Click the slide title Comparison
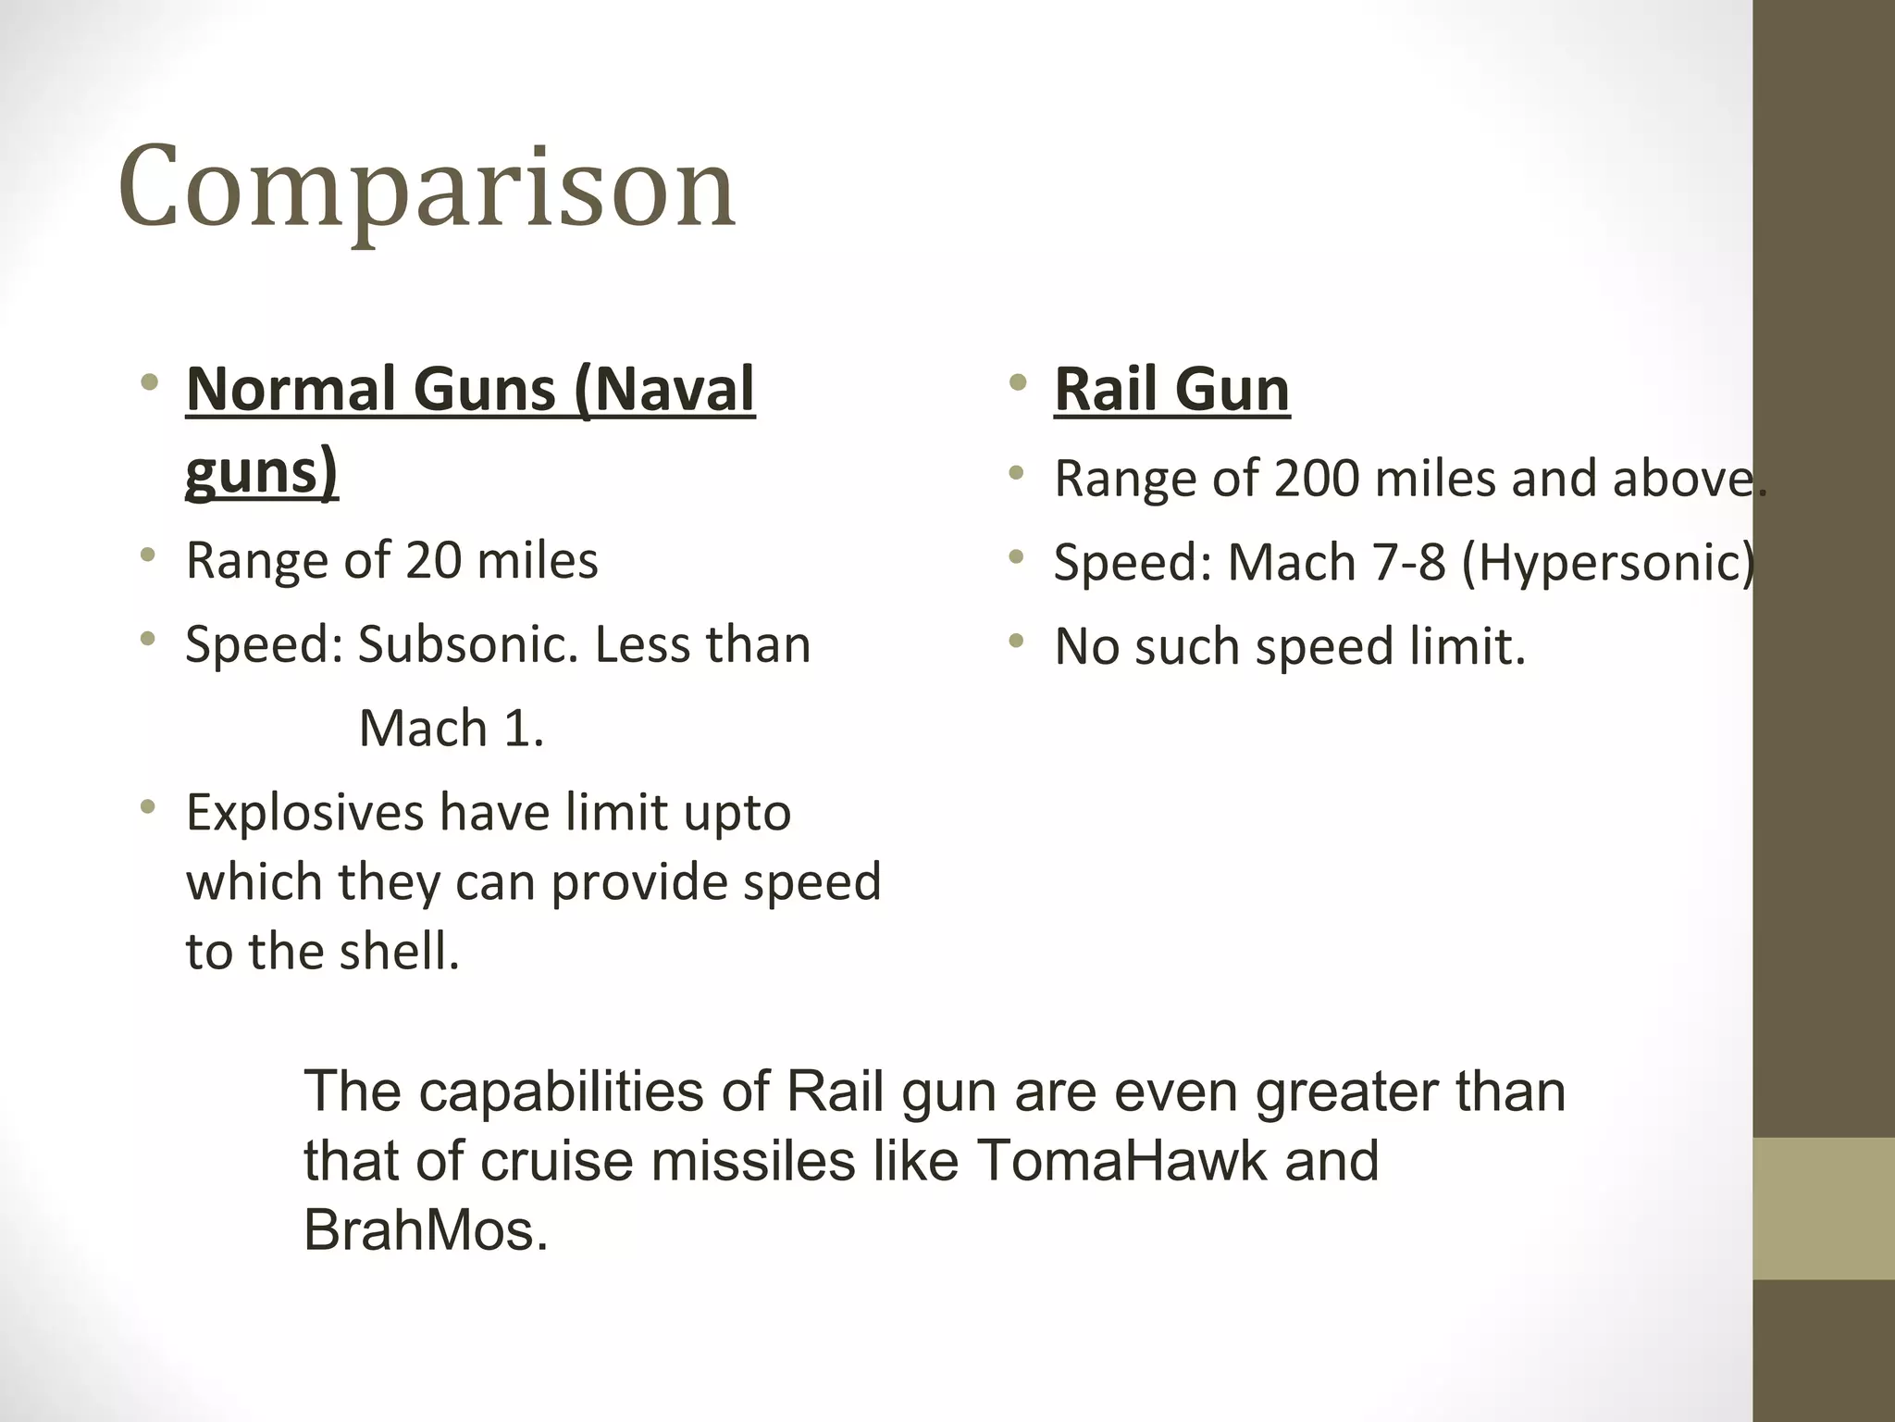pos(427,188)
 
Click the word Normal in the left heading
pos(291,389)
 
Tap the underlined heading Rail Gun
pos(1171,390)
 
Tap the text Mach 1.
pos(451,729)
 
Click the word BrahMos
pos(425,1230)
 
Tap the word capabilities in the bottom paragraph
pos(562,1091)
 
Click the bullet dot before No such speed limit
pos(1018,641)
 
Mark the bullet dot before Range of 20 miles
pos(148,555)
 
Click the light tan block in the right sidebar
pos(1824,1208)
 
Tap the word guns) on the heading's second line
pos(262,472)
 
